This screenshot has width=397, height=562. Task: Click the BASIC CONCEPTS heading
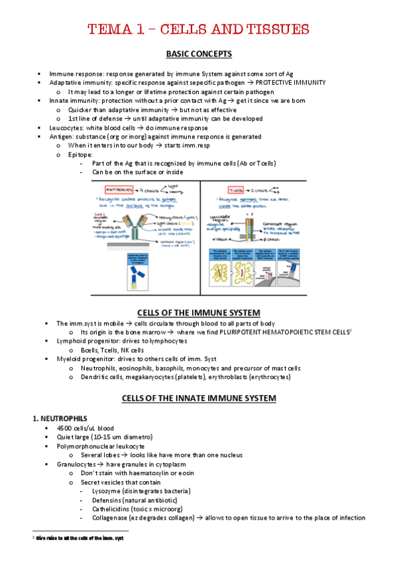tap(198, 54)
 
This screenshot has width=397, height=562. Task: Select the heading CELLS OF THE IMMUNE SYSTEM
tap(198, 313)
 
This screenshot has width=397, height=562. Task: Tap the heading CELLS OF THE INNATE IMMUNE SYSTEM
tap(198, 398)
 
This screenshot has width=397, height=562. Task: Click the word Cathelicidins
tap(102, 509)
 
